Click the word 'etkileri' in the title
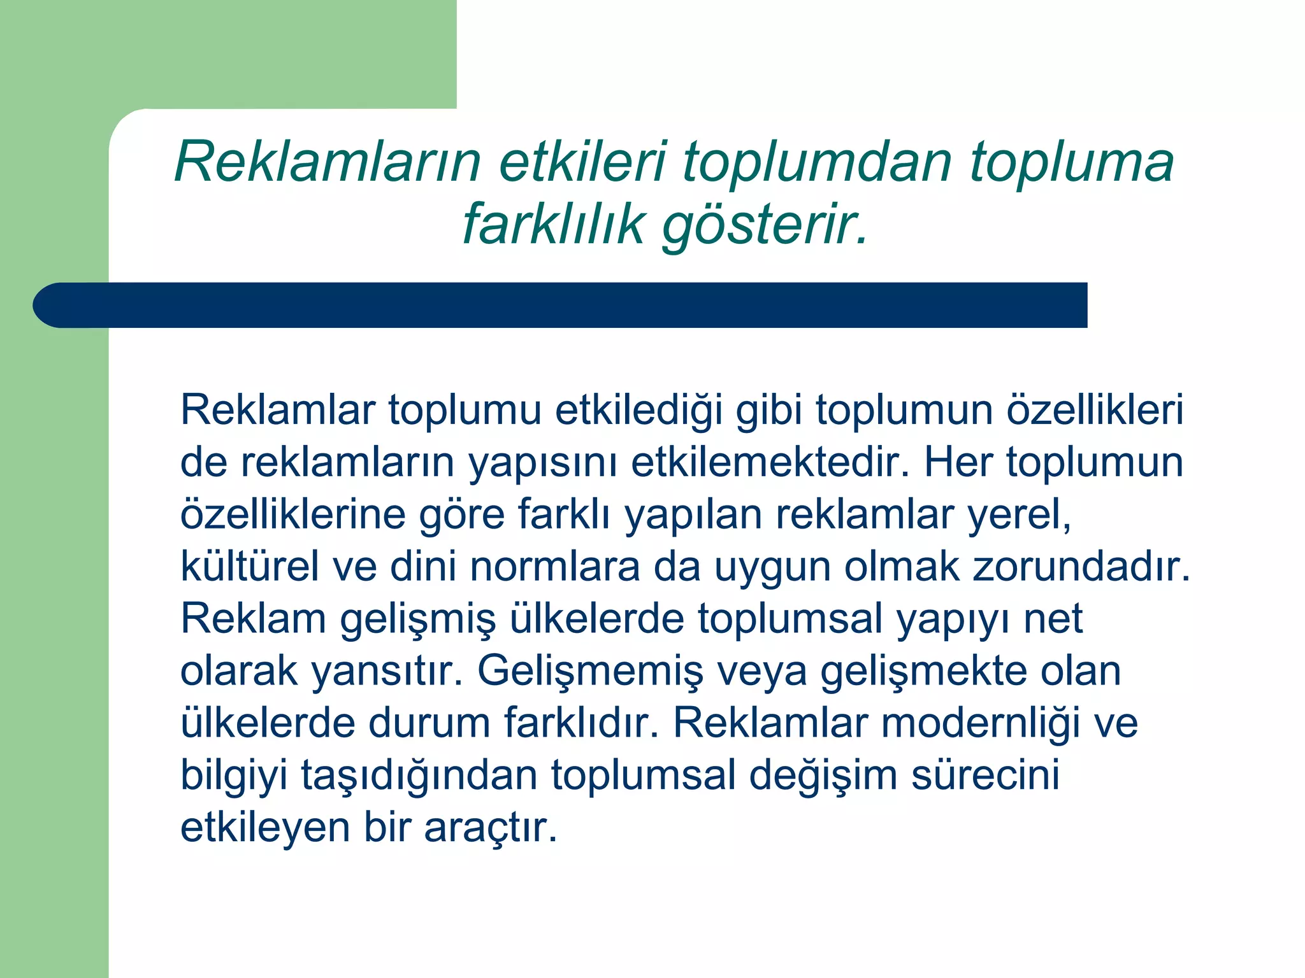coord(582,162)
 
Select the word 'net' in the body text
coord(1053,618)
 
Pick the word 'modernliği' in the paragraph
coord(981,723)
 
